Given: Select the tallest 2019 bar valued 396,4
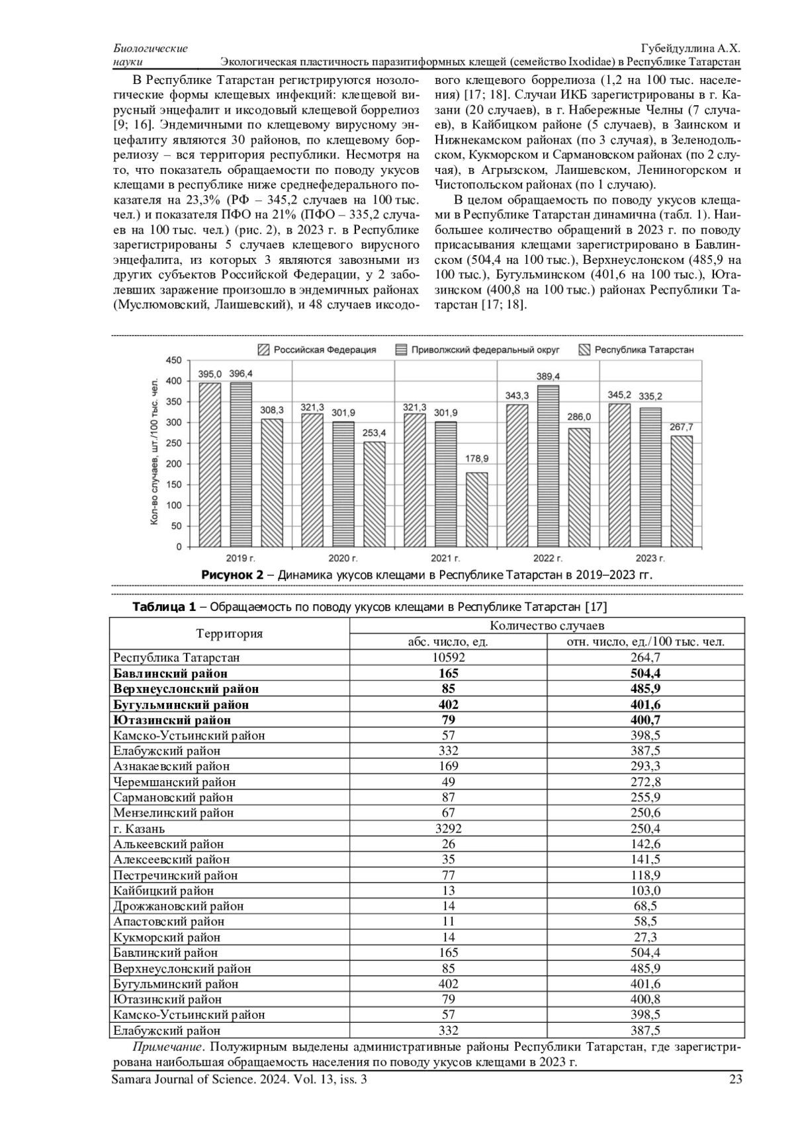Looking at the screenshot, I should coord(241,464).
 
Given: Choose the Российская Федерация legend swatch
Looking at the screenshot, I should coord(265,350).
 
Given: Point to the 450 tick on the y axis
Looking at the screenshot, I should coord(173,360).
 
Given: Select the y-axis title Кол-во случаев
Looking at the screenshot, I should coord(154,452).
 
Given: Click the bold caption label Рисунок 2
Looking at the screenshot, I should coord(232,575).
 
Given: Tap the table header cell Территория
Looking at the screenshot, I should coord(229,633).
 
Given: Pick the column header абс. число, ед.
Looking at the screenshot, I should coord(448,641).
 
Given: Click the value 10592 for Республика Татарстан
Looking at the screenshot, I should coord(448,657).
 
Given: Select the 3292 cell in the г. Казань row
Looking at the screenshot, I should coord(448,828).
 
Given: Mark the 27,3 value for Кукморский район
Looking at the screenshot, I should coord(645,937).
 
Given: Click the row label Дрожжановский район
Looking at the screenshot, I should coord(179,906).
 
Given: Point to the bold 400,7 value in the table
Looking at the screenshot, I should coord(645,720).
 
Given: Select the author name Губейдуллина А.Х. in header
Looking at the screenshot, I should coord(690,49).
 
